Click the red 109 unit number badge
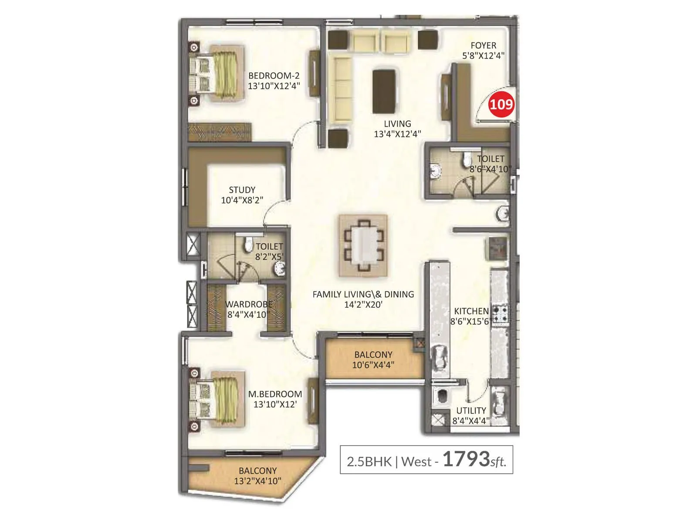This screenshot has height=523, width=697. (501, 105)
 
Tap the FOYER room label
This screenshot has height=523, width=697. (483, 45)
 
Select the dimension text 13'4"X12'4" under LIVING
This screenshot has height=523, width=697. (397, 134)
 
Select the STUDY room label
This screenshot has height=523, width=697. (242, 190)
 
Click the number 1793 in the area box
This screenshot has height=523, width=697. (466, 459)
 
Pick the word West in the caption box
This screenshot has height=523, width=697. (416, 461)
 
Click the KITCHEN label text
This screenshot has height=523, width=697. (471, 311)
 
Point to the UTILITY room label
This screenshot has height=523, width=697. (471, 411)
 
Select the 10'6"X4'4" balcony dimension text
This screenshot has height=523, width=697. (373, 365)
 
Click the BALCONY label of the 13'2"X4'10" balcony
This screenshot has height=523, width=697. (257, 471)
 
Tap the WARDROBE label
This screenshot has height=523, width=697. (249, 304)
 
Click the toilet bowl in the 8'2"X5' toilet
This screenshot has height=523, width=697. (248, 245)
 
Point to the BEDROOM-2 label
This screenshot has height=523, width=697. (274, 76)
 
